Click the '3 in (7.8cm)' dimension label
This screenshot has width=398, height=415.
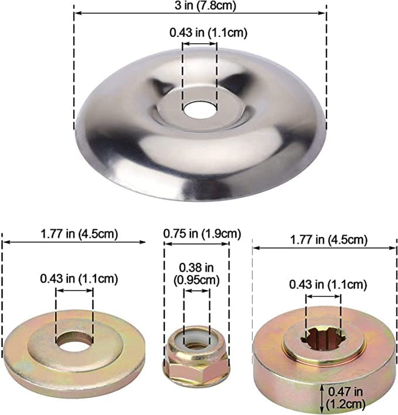pos(205,6)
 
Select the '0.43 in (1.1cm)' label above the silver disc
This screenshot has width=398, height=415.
pos(208,33)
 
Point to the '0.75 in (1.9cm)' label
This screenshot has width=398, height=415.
pos(202,234)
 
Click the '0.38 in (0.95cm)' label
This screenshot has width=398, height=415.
pos(197,274)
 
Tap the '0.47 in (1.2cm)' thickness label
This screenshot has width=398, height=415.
pos(346,398)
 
